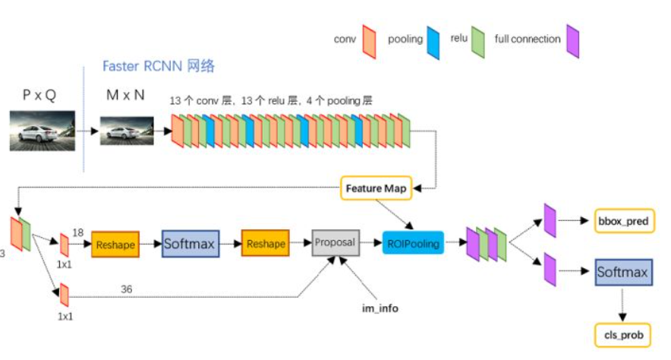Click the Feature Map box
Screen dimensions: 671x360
376,188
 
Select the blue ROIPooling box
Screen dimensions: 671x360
413,243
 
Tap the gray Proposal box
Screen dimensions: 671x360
335,243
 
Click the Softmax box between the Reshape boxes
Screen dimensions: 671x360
191,244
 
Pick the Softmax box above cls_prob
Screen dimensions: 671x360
623,272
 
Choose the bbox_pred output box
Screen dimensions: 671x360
625,221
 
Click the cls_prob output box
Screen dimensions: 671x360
622,335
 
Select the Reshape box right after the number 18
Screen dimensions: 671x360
115,245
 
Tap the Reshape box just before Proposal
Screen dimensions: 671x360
266,243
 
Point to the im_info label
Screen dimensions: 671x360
380,308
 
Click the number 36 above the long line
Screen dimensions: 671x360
126,289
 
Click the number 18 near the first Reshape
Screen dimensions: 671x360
78,232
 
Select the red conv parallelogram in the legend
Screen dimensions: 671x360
370,42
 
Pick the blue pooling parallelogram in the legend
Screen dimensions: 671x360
433,43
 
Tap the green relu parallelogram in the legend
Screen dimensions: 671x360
478,42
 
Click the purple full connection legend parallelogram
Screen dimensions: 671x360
572,41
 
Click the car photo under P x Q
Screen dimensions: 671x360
43,131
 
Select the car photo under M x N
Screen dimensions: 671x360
127,131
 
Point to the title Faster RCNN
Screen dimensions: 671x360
143,66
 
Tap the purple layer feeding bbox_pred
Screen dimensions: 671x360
550,220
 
